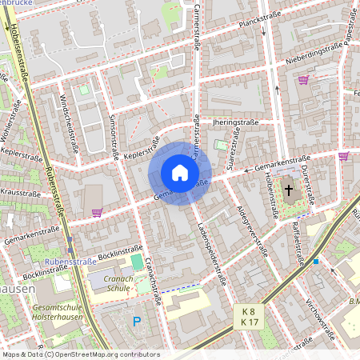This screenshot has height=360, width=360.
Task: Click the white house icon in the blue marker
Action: click(180, 173)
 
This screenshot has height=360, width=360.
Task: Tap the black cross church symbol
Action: click(289, 190)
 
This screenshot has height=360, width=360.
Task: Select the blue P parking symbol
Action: click(137, 322)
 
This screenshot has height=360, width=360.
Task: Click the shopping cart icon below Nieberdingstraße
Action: click(303, 80)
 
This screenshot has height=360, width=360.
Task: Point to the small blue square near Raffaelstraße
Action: click(317, 262)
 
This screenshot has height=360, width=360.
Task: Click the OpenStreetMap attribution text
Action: click(80, 354)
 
